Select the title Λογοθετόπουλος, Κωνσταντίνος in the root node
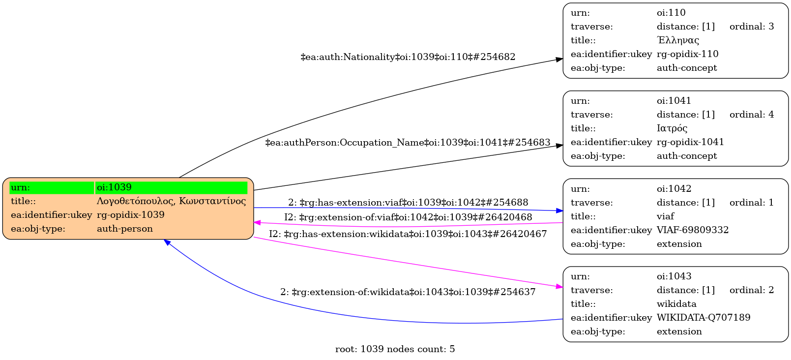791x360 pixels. [x=171, y=201]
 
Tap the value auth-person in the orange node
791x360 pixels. [x=125, y=229]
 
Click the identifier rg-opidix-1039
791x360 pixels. [x=131, y=215]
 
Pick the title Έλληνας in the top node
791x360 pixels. [x=678, y=40]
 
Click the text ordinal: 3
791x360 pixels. [x=751, y=27]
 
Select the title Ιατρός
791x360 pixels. [x=672, y=128]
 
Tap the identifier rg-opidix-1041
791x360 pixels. [x=690, y=142]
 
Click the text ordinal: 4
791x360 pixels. [x=751, y=115]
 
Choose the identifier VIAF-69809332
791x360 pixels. [x=693, y=230]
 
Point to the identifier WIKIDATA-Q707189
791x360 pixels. [x=703, y=318]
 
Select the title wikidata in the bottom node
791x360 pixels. [x=676, y=304]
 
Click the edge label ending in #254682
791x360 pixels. [x=408, y=57]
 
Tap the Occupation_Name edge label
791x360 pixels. [x=408, y=143]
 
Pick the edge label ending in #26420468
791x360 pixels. [x=408, y=217]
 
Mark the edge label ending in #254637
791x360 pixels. [x=408, y=292]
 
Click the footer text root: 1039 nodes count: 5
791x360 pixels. [x=395, y=349]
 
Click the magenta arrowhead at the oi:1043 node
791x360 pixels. [x=559, y=286]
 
